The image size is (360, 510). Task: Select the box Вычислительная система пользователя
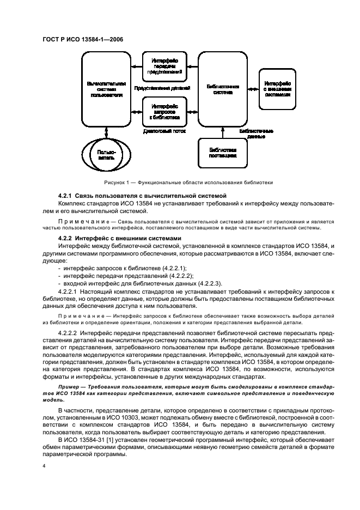click(106, 89)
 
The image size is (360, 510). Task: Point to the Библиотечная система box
click(223, 89)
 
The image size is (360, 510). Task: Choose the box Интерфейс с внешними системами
click(277, 88)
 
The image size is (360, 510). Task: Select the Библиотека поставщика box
click(223, 152)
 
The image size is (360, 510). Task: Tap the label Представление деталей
click(162, 88)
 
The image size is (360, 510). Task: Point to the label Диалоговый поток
click(164, 131)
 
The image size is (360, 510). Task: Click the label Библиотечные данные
click(256, 134)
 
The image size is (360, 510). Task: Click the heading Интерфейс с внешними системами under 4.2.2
click(128, 238)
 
